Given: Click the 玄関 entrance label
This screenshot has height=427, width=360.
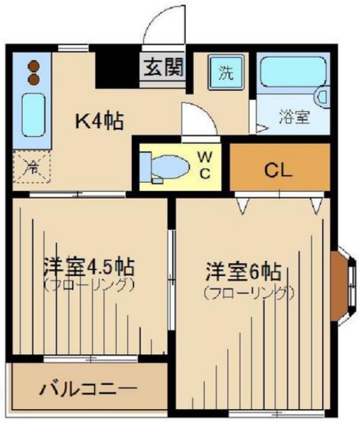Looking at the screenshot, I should [162, 67].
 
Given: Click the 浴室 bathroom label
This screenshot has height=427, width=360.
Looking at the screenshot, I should [293, 117].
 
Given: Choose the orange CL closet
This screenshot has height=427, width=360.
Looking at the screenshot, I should [279, 169].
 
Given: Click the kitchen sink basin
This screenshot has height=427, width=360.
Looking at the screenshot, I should [32, 115].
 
